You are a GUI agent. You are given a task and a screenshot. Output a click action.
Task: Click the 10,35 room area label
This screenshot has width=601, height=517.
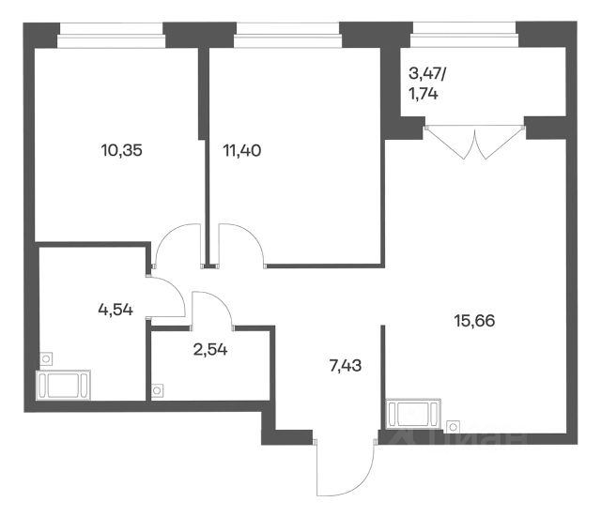pos(122,150)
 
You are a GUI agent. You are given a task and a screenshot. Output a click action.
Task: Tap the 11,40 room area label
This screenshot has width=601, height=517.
pos(242,150)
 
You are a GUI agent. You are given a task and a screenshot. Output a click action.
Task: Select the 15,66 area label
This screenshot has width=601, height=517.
pos(474,321)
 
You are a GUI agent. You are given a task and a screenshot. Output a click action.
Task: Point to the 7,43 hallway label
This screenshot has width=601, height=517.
pos(346,366)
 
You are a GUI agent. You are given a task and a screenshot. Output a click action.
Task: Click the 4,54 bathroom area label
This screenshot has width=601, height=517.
pos(116,309)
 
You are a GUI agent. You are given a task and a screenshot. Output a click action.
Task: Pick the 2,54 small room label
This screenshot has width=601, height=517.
pos(210,349)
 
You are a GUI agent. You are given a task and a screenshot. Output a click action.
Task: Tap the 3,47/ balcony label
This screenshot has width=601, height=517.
pos(427,73)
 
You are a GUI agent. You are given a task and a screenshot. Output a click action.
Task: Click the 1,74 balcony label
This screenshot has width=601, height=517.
pos(424,94)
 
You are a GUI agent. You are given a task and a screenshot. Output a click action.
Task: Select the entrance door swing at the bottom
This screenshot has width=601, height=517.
pos(345,468)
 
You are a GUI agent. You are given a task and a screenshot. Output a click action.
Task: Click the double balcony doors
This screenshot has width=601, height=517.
pos(474,142)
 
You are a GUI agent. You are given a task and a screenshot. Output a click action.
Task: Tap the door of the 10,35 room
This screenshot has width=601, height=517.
pos(177,245)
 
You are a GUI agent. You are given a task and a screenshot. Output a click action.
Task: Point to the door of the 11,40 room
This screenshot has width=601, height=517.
pos(240,245)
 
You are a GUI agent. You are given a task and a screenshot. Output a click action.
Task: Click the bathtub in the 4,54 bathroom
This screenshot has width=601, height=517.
pos(63,385)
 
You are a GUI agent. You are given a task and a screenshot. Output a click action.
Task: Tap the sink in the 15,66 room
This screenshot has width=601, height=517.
pos(413,414)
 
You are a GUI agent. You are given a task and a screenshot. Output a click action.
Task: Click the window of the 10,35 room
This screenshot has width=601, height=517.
pos(111,36)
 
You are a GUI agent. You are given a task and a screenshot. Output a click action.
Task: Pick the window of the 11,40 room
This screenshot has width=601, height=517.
pos(287,36)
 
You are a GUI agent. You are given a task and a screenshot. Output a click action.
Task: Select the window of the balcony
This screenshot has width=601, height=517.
pos(464,35)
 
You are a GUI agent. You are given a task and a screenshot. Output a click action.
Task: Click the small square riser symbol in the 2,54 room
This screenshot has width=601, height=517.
pos(157,390)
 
